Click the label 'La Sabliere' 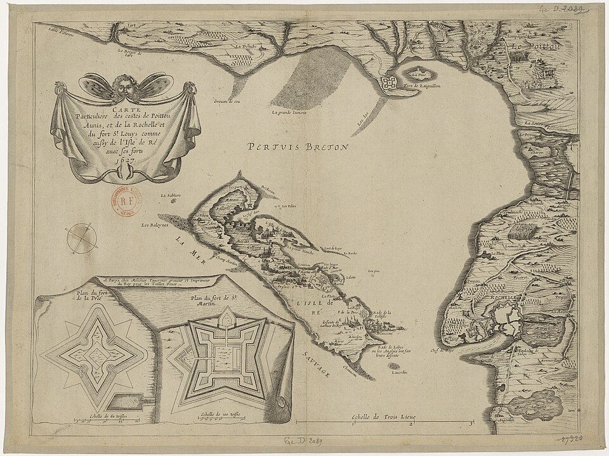(171, 195)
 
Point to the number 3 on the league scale (469, 423)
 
